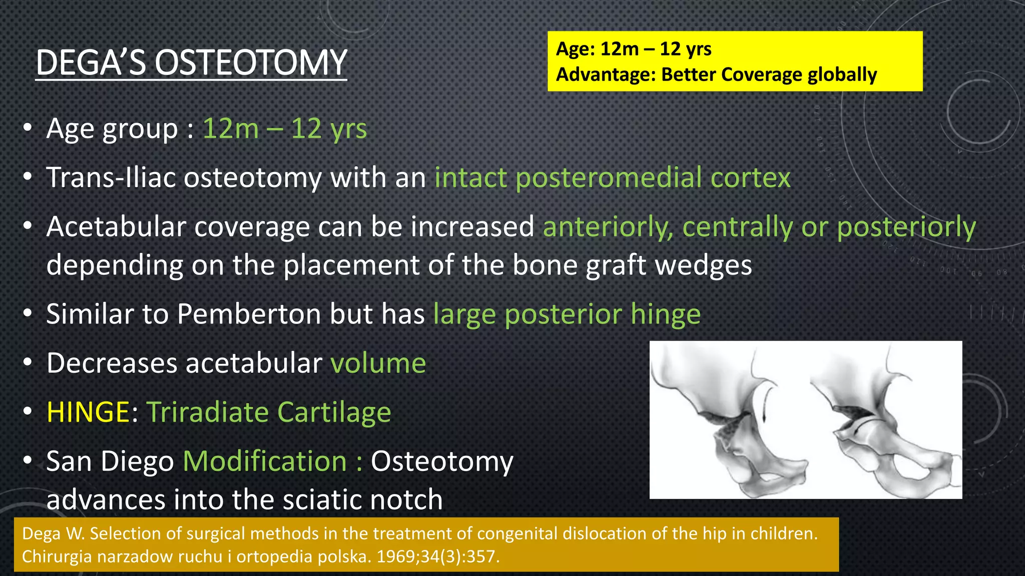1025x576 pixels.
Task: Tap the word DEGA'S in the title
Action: tap(90, 63)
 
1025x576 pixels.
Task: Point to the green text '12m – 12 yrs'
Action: tap(284, 129)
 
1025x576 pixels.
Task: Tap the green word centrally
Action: tap(737, 227)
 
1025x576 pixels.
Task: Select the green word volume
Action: tap(378, 363)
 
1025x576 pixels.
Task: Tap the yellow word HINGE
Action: tap(88, 412)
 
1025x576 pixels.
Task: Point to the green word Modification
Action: tap(265, 461)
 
